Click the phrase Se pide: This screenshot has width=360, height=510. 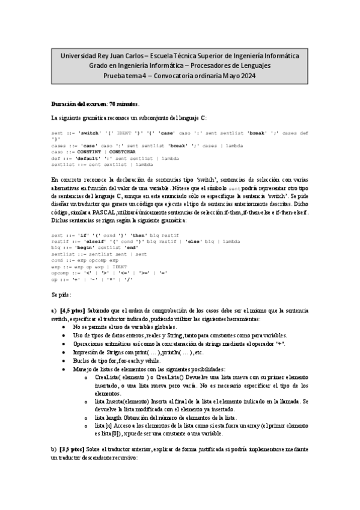pos(61,295)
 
